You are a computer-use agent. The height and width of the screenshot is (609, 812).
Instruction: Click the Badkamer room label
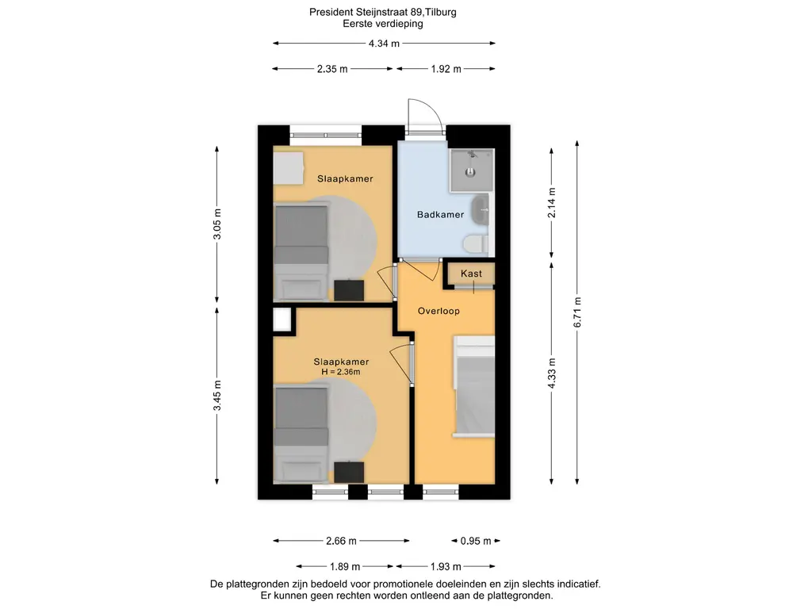click(x=440, y=214)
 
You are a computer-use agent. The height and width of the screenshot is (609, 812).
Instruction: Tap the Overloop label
click(x=439, y=311)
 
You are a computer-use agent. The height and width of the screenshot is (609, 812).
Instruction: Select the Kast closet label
click(x=471, y=274)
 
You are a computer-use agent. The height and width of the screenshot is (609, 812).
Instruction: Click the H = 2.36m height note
click(x=341, y=372)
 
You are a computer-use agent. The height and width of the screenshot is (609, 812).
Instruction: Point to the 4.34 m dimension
click(x=384, y=44)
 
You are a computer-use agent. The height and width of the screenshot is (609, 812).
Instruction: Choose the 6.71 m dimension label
click(x=577, y=312)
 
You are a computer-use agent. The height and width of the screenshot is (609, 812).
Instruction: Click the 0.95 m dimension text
click(x=476, y=541)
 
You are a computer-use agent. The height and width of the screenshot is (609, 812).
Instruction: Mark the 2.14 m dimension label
click(x=552, y=203)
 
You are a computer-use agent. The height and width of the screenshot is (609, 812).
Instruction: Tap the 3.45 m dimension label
click(x=217, y=396)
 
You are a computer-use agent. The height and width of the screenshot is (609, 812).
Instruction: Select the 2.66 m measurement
click(x=341, y=541)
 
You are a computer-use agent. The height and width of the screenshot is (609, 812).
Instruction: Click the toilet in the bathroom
click(x=476, y=243)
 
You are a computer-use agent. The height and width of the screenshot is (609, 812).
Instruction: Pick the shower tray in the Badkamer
click(x=471, y=170)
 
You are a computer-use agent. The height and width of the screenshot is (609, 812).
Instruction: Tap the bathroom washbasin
click(x=481, y=209)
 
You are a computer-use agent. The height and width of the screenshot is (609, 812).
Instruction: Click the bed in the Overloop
click(x=474, y=386)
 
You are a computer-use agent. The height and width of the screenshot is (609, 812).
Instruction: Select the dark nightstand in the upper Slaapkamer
click(x=349, y=290)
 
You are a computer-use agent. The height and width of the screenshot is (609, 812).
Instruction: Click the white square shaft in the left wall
click(x=282, y=320)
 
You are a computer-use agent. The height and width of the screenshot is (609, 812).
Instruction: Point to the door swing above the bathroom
click(x=425, y=116)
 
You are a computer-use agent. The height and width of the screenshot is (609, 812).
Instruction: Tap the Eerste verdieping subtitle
click(x=383, y=23)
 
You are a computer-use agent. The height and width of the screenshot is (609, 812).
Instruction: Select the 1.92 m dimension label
click(x=446, y=69)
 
